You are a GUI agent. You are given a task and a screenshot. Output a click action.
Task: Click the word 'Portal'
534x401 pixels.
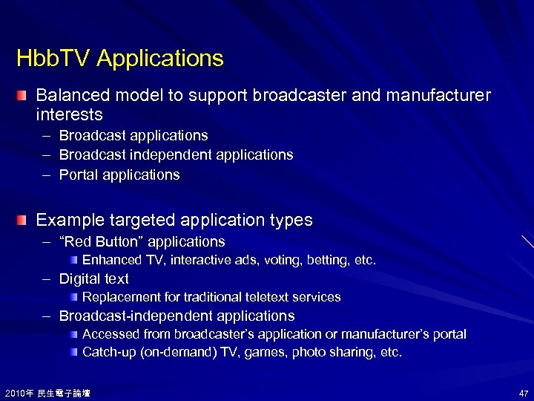point(78,175)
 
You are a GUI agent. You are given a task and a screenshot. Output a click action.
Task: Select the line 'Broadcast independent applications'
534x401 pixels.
point(176,155)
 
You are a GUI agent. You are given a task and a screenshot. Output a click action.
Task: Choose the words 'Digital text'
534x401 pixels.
point(93,278)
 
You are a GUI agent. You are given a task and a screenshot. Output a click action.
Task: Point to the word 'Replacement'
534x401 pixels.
point(120,297)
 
